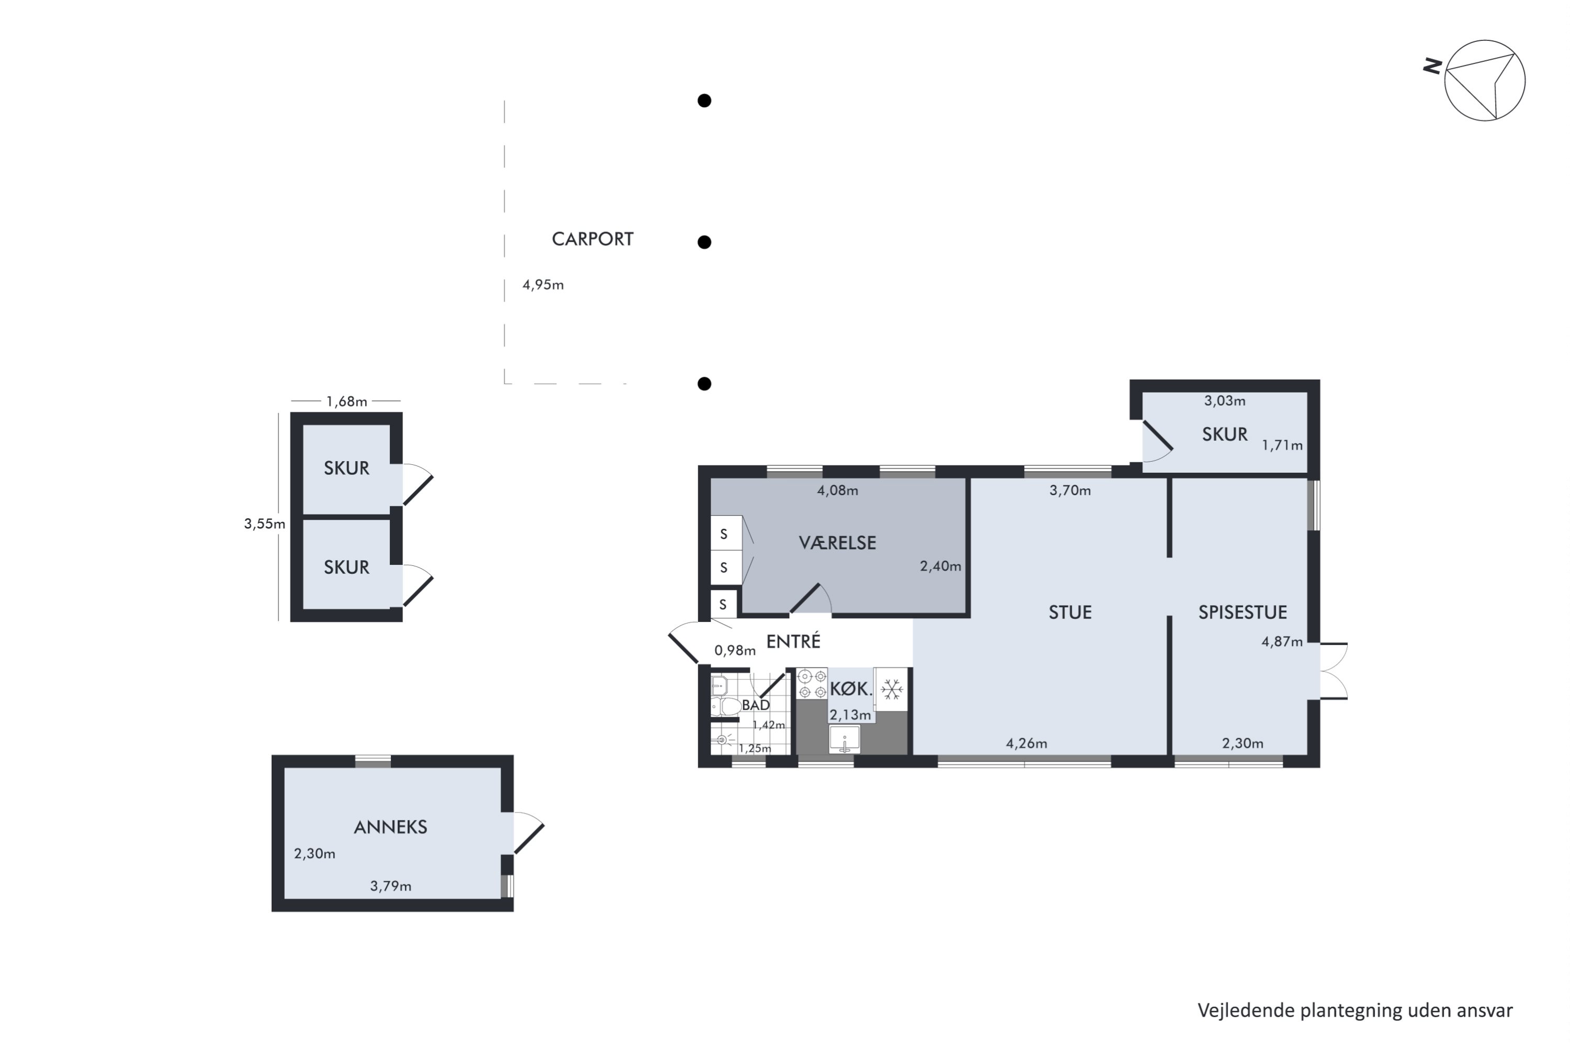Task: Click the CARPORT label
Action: [x=592, y=239]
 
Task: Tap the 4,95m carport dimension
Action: [x=543, y=285]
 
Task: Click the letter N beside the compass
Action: [x=1432, y=66]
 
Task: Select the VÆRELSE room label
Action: [x=837, y=543]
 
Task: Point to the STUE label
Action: [x=1070, y=612]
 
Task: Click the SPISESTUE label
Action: [x=1242, y=612]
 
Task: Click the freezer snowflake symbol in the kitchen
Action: [x=892, y=688]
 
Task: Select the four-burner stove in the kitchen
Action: [x=812, y=684]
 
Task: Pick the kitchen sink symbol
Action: [x=845, y=739]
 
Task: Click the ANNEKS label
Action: [x=390, y=827]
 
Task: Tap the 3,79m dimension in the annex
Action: [x=390, y=886]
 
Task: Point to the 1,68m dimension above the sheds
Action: [x=346, y=402]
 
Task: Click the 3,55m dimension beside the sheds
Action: [x=264, y=524]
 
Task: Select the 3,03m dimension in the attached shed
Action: [x=1224, y=402]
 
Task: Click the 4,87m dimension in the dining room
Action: [x=1282, y=642]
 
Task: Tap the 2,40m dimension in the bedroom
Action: [x=940, y=566]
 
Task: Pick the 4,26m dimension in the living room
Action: [x=1027, y=743]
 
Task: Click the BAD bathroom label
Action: [x=756, y=705]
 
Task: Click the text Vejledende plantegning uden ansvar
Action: [x=1355, y=1011]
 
